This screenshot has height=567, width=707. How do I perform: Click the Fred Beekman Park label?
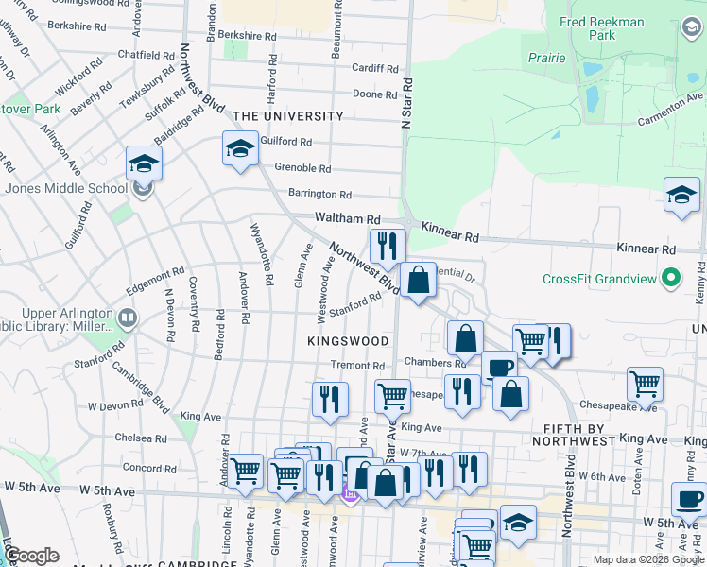tap(614, 28)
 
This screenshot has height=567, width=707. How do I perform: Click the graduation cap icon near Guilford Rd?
tap(240, 148)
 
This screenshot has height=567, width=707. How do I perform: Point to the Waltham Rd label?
tap(347, 217)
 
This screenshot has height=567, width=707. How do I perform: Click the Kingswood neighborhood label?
tap(348, 340)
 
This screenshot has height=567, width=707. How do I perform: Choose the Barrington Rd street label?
tap(319, 194)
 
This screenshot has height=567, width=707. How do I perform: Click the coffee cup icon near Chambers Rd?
tap(499, 368)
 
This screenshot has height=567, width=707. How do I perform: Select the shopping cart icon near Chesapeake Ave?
tap(646, 384)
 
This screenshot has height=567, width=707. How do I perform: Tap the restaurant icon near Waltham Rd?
tap(387, 246)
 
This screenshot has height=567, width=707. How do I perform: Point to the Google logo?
tap(30, 556)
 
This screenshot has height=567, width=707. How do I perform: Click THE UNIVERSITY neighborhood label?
tap(288, 116)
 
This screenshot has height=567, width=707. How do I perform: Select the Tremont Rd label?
tap(357, 366)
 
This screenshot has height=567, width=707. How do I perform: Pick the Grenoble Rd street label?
tap(302, 168)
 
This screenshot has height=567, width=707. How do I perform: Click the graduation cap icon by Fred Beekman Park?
tap(681, 196)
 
